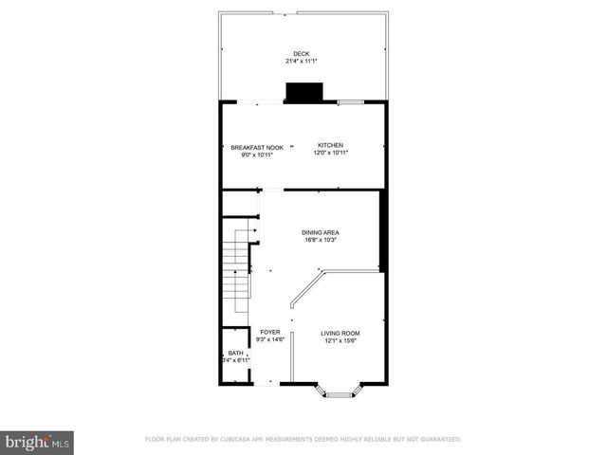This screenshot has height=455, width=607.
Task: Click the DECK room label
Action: pyautogui.click(x=302, y=53)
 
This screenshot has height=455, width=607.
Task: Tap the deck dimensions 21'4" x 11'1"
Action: pyautogui.click(x=302, y=62)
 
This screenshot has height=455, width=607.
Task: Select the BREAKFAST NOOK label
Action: pyautogui.click(x=257, y=147)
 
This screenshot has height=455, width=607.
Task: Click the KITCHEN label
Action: pyautogui.click(x=330, y=145)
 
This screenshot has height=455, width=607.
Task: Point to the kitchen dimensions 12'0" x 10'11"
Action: pyautogui.click(x=332, y=153)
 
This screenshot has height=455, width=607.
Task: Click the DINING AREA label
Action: pyautogui.click(x=321, y=232)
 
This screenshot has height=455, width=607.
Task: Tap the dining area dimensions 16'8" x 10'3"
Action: pyautogui.click(x=322, y=240)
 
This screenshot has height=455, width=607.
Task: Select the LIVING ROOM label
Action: pyautogui.click(x=340, y=334)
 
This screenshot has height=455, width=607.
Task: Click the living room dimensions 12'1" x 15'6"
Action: pyautogui.click(x=340, y=341)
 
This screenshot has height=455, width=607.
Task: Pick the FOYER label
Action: pyautogui.click(x=269, y=332)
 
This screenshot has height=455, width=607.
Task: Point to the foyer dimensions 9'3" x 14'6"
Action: pyautogui.click(x=272, y=339)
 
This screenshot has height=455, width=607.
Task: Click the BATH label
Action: pyautogui.click(x=235, y=353)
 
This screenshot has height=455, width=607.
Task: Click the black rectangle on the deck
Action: pyautogui.click(x=304, y=92)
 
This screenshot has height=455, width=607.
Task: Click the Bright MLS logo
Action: pyautogui.click(x=38, y=442)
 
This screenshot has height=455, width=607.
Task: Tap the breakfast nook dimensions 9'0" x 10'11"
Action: pyautogui.click(x=257, y=155)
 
